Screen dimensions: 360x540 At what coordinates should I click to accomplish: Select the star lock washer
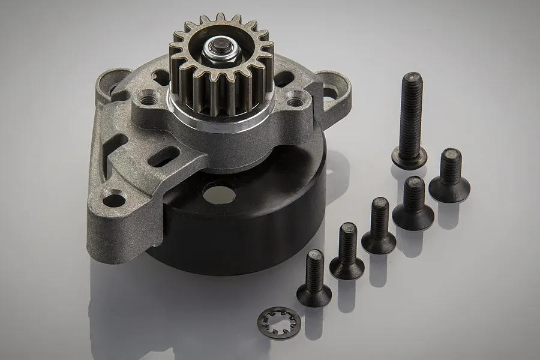point(278,323)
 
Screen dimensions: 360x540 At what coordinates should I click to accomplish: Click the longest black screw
point(411,120)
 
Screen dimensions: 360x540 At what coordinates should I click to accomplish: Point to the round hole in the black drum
point(218,193)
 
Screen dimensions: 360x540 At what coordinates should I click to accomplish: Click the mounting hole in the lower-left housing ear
point(113,197)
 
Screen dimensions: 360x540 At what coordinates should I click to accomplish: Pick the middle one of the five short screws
point(379,225)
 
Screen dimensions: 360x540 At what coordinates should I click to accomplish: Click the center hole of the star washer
point(278,322)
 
